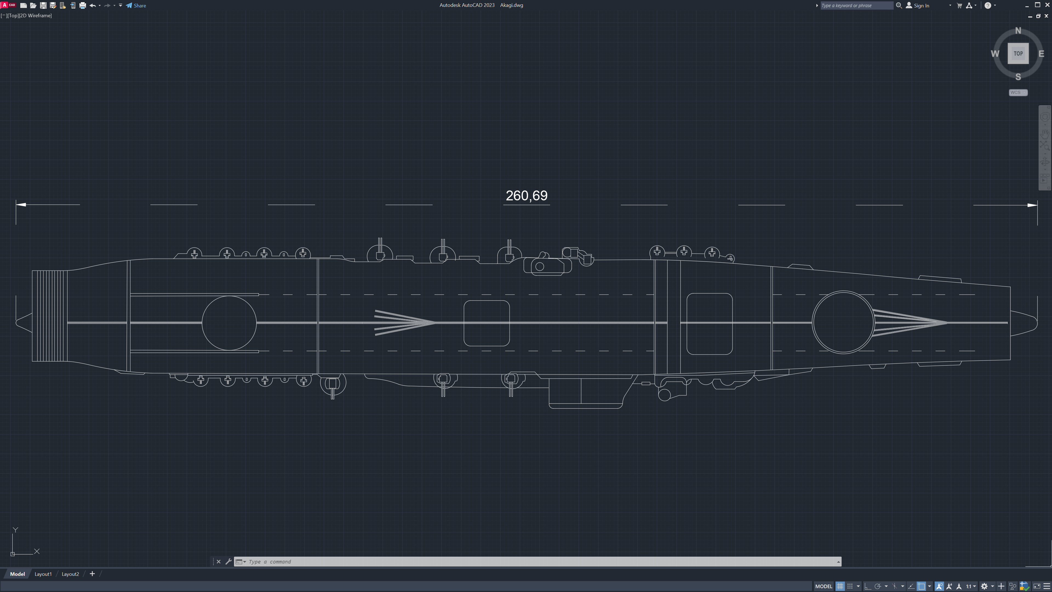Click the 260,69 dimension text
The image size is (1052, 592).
tap(526, 196)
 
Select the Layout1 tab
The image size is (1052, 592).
tap(43, 574)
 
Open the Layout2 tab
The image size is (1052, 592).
tap(70, 574)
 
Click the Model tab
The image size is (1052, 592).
tap(18, 574)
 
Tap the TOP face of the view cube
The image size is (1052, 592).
tap(1018, 53)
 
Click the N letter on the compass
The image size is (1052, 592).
tap(1018, 31)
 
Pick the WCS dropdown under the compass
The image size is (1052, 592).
tap(1018, 92)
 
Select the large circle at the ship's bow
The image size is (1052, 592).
tap(843, 291)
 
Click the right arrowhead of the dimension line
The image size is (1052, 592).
tap(1032, 205)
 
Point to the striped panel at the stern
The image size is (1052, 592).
tap(50, 316)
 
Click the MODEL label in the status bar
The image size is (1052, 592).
tap(823, 586)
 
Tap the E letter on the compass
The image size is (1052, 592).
tap(1041, 53)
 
